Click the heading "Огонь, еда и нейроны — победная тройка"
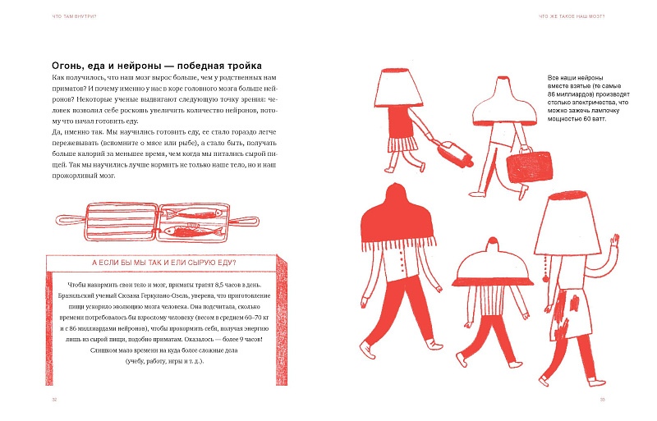pos(157,66)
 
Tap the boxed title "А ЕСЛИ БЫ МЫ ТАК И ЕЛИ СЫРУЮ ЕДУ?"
pos(163,263)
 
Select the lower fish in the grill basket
pos(194,231)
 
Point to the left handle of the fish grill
pos(71,221)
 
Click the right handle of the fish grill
pos(244,222)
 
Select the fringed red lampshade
pos(397,217)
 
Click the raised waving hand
pos(614,242)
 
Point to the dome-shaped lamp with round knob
pos(493,263)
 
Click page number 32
pos(54,400)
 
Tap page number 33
pos(602,400)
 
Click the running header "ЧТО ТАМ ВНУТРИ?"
pos(74,16)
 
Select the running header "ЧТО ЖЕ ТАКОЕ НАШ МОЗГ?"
pos(572,16)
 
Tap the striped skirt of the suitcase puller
pos(402,144)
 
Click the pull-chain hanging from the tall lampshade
pos(545,268)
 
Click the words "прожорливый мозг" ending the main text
pos(84,176)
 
